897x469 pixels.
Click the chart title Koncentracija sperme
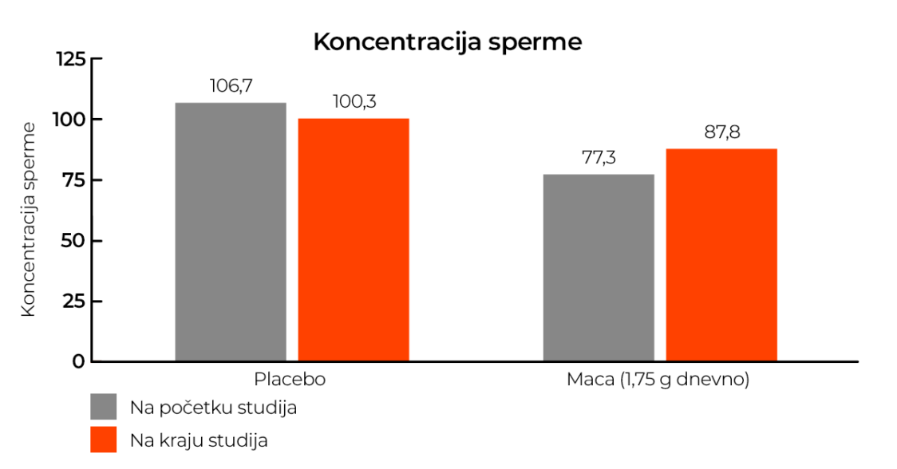(447, 42)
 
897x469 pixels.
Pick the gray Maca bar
(599, 267)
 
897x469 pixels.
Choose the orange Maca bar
(721, 254)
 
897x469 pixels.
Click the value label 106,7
(231, 86)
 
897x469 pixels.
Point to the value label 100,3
(354, 102)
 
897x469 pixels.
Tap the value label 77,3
(599, 158)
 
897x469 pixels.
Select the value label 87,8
(721, 132)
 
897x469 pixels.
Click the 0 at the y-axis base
(78, 361)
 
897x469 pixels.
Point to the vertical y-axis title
(29, 219)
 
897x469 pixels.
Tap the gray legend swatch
(104, 407)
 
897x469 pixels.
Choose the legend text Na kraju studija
(199, 439)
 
